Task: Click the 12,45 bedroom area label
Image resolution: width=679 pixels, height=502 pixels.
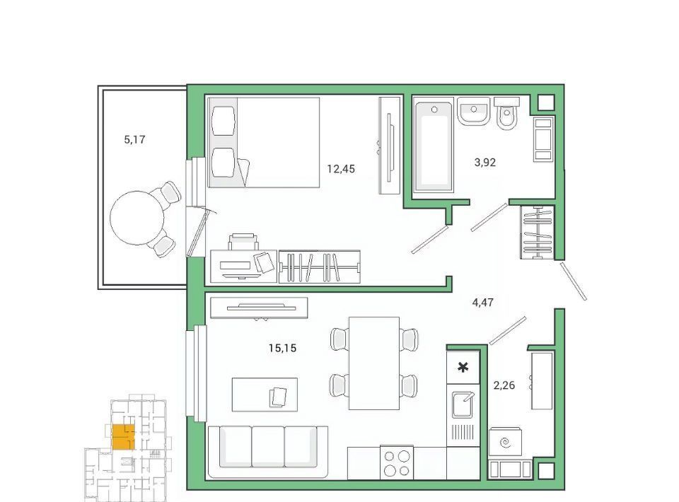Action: pos(341,169)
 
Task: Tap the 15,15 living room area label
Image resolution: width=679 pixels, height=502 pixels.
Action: pos(282,348)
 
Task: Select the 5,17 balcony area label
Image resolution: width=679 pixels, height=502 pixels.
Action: pos(134,140)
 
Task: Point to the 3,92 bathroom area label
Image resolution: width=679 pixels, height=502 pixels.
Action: pos(485,163)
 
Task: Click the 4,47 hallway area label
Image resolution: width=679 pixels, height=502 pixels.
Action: pos(483,303)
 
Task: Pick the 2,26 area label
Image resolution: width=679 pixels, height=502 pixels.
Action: pos(504,385)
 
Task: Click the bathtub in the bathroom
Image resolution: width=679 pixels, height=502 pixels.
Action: pos(434,144)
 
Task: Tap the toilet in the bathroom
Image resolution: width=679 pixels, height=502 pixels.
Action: pos(506,113)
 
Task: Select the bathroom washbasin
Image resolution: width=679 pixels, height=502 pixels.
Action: pos(474,111)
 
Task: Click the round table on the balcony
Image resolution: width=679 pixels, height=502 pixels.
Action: pos(137,218)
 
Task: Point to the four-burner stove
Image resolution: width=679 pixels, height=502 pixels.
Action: pos(397,462)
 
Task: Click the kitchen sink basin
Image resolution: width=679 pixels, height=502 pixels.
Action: pos(463,404)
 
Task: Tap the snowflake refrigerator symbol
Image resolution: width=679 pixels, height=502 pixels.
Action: pos(463,368)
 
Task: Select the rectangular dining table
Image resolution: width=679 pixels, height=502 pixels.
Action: pos(374,363)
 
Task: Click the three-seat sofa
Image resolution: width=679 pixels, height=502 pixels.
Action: pos(267,452)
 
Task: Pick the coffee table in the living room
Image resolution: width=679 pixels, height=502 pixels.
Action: pos(265,395)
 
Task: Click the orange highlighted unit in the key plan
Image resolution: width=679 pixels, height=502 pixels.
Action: pos(123,438)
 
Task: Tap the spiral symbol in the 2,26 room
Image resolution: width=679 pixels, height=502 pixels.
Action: pos(505,443)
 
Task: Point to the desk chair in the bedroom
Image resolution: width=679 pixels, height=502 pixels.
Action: pos(243,242)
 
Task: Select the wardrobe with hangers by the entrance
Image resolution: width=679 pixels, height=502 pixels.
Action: pos(537,233)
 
